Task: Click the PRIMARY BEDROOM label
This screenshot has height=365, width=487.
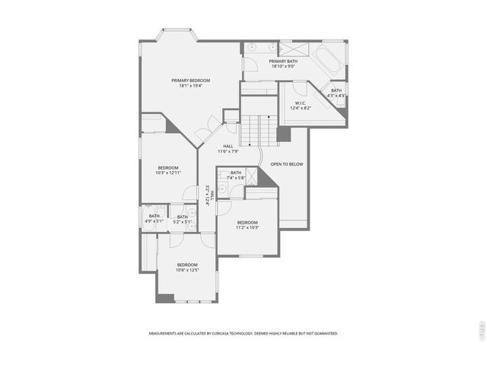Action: pos(190,80)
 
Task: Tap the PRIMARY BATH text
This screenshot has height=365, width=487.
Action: pos(283,61)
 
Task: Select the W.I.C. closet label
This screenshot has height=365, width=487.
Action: pos(301,103)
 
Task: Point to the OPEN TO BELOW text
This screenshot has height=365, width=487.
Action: pos(287,164)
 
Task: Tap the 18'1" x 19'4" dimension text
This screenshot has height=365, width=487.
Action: pos(190,86)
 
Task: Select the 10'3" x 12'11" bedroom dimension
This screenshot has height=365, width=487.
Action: pos(168,173)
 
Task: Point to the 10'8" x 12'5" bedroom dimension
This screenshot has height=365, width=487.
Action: pos(187,270)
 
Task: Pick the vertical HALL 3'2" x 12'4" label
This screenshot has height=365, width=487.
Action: pos(210,195)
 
